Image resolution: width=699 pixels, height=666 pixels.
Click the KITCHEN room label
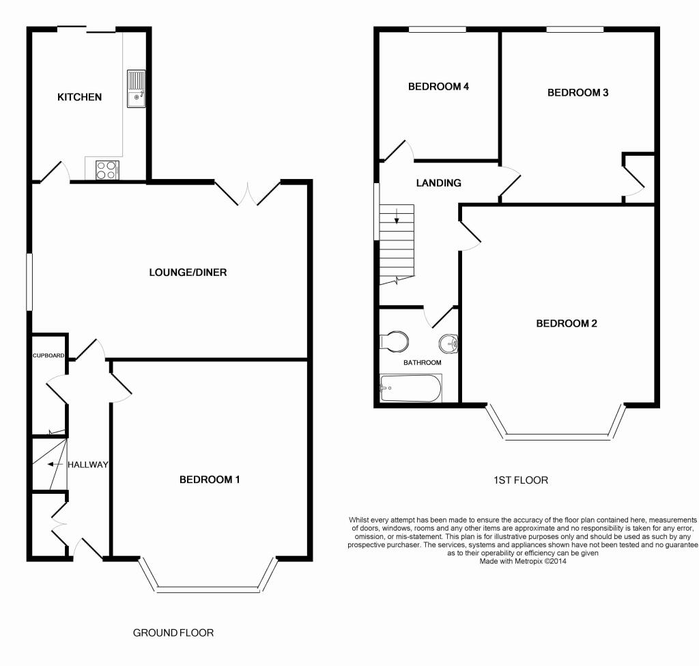click(79, 97)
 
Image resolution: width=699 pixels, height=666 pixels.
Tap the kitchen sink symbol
click(136, 89)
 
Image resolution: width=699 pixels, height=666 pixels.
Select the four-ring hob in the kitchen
click(106, 169)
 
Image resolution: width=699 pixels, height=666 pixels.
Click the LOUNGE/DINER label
click(188, 273)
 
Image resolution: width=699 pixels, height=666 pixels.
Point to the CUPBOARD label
click(48, 356)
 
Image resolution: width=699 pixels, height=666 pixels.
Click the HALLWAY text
click(88, 464)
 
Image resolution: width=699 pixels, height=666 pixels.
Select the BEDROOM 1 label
click(210, 480)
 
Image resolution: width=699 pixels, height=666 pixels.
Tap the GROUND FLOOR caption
click(173, 633)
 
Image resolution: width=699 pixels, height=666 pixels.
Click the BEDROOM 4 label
click(438, 87)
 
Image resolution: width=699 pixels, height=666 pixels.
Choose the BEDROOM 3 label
click(577, 92)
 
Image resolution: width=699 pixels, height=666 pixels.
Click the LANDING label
click(439, 183)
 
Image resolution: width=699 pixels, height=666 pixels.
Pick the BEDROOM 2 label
click(566, 323)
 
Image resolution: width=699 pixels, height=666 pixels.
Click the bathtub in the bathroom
click(410, 389)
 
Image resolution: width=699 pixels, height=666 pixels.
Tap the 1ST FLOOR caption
click(520, 480)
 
